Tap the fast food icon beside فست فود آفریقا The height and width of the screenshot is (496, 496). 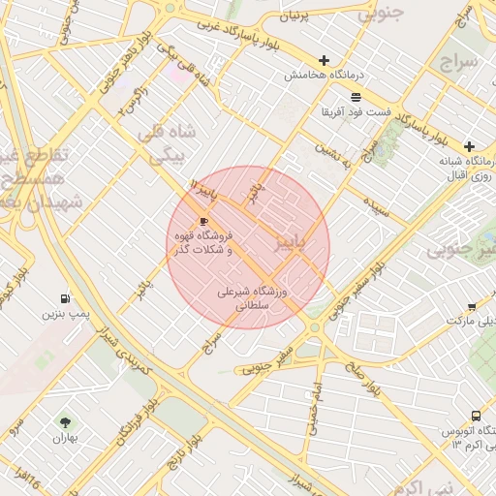(356, 97)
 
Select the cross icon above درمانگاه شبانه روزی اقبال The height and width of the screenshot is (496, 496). (470, 145)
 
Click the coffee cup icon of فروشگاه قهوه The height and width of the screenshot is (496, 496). (202, 222)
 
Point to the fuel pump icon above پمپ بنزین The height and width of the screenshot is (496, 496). (65, 298)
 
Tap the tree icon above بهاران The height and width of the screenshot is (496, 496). (65, 421)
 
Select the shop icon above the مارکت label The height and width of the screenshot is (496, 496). (472, 306)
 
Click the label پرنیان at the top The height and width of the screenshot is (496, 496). (294, 16)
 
